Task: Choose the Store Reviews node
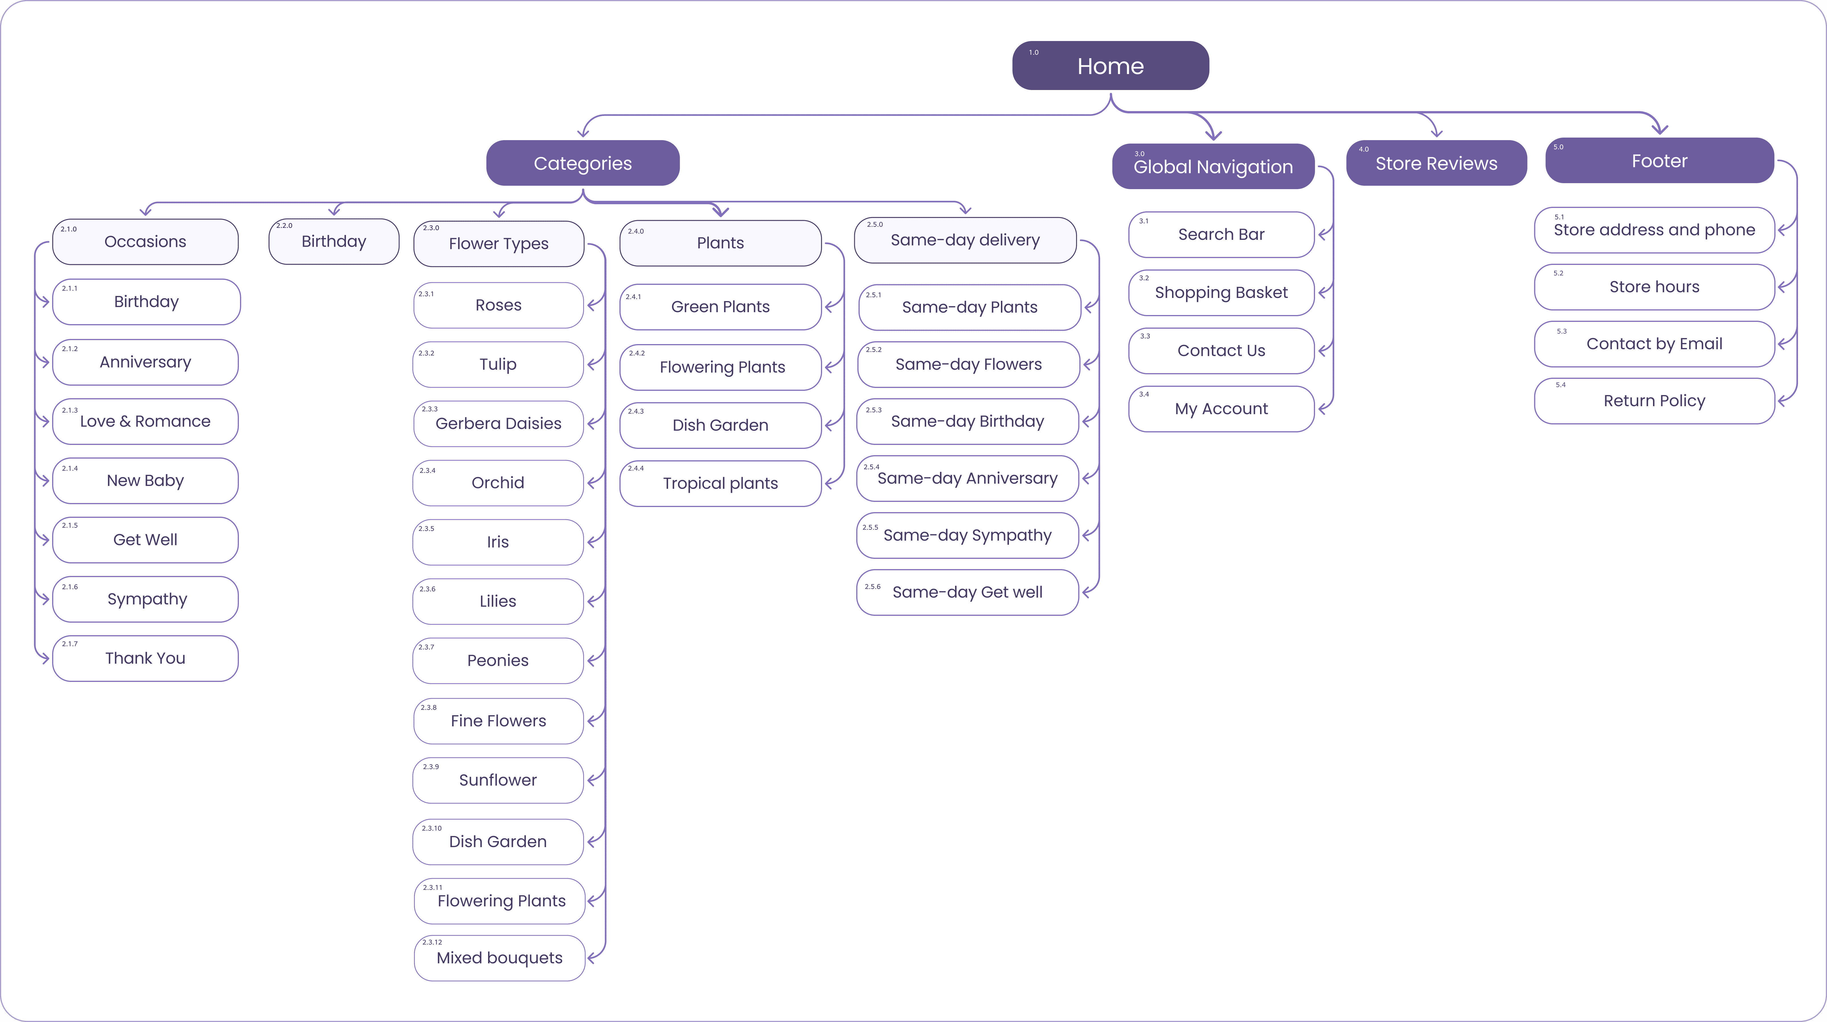[x=1436, y=163]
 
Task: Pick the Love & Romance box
[x=146, y=421]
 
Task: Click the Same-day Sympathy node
[x=967, y=535]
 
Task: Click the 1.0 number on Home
[x=1033, y=52]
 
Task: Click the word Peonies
[x=498, y=660]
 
